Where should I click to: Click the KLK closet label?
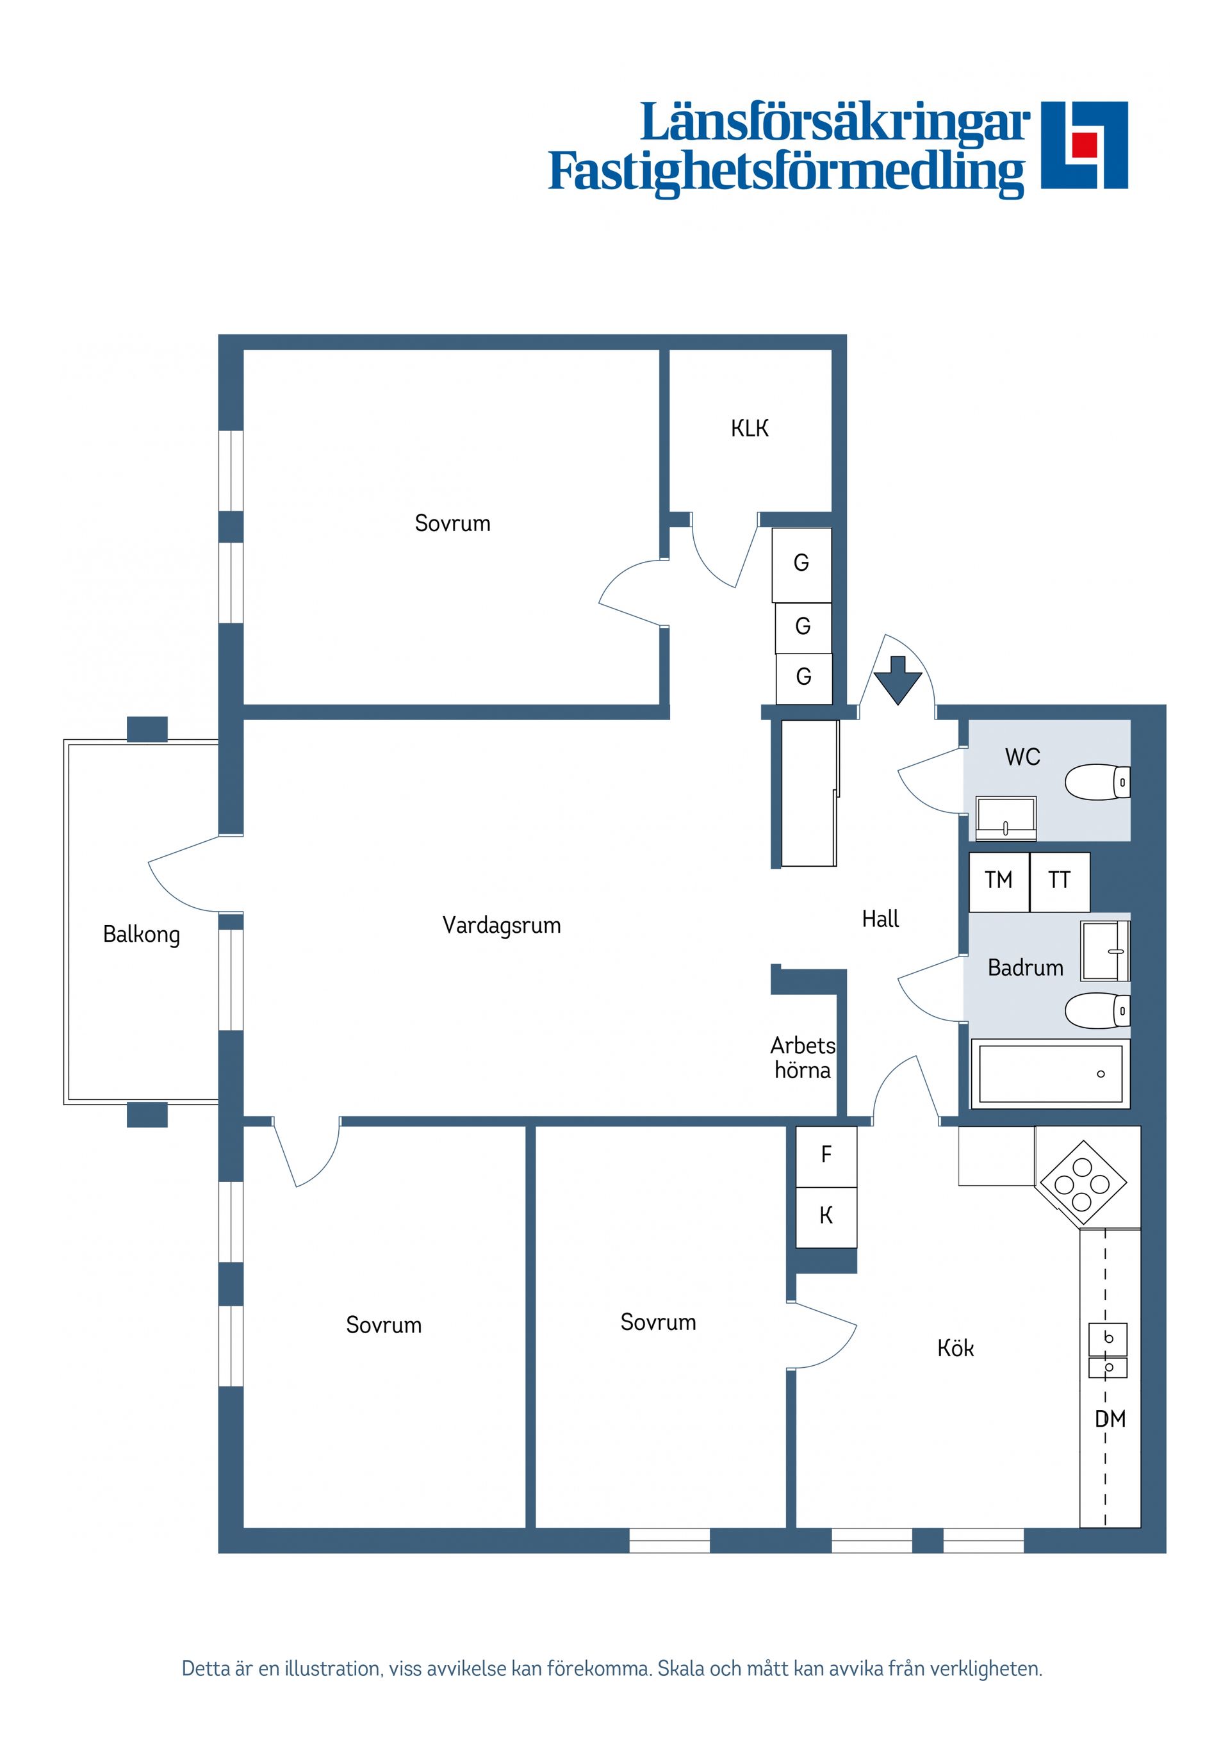pos(749,429)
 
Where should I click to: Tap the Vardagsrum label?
pos(501,925)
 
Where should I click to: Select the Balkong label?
pos(142,935)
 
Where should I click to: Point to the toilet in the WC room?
pos(1097,782)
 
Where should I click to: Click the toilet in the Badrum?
pos(1097,1011)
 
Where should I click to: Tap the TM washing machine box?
pos(999,882)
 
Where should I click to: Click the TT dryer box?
pos(1059,882)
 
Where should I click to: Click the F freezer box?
pos(826,1155)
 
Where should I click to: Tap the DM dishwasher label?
pos(1110,1420)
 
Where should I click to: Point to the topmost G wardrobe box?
pos(801,563)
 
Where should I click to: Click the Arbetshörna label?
pos(803,1058)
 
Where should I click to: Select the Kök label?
pos(955,1348)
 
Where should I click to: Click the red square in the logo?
pos(1084,144)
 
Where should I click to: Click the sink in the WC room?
pos(1006,817)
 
